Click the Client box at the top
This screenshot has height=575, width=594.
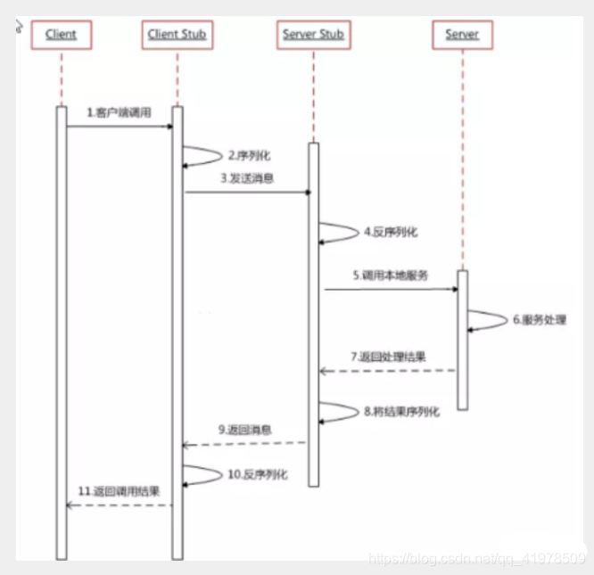(62, 35)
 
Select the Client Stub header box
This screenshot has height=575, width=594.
(177, 35)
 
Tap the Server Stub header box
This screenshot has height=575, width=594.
(313, 35)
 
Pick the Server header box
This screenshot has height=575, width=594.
(462, 35)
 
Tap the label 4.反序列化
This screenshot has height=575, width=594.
(390, 232)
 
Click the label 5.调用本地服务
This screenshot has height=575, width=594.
(389, 275)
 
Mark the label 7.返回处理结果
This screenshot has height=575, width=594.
(389, 357)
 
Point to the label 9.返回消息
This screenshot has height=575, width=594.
(246, 430)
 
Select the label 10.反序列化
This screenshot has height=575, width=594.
(257, 474)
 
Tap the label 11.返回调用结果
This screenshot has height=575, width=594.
(118, 491)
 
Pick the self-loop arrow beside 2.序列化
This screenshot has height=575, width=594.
(203, 156)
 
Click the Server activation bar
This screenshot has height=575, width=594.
(462, 339)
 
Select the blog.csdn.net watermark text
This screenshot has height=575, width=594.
(477, 559)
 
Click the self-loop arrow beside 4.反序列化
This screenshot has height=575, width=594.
(339, 233)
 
